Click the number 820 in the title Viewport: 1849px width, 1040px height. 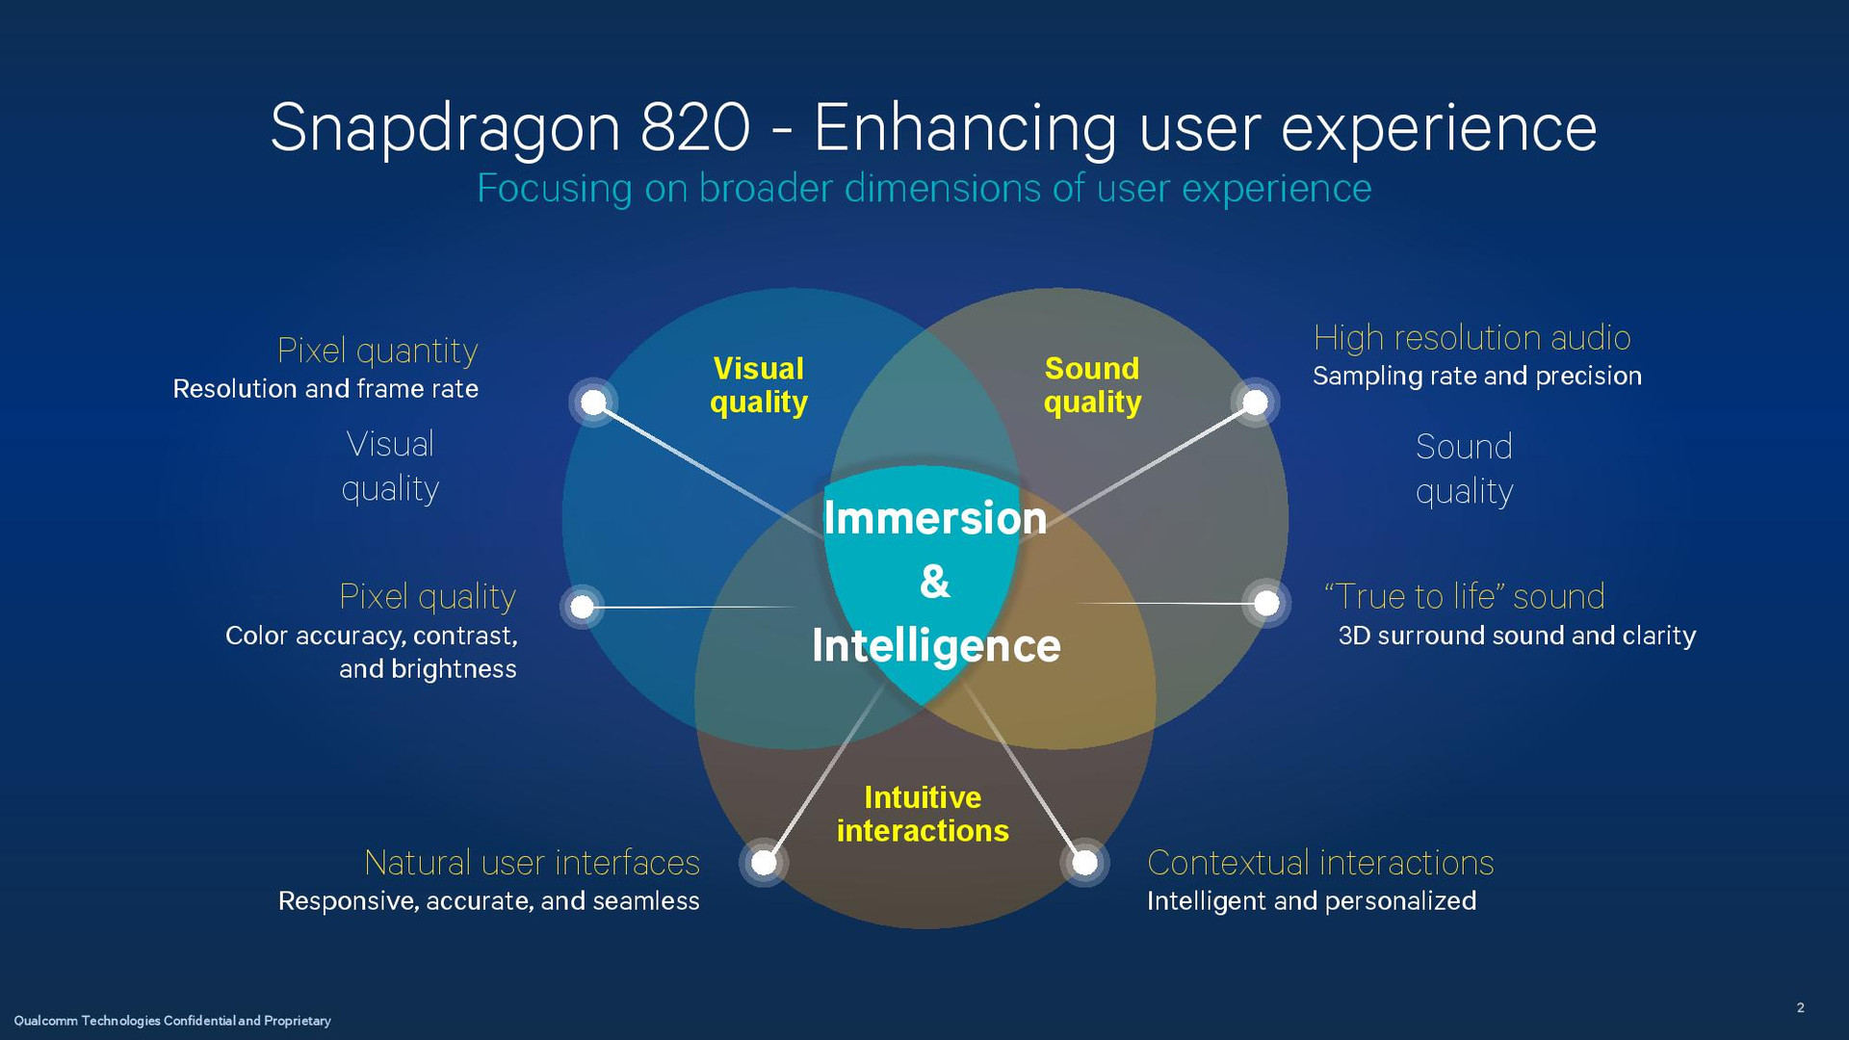point(695,127)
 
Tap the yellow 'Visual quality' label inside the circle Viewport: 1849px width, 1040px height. point(759,385)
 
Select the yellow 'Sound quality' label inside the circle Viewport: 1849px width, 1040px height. point(1092,385)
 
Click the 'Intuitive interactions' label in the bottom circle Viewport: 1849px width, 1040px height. point(923,814)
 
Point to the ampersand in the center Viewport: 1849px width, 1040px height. point(935,582)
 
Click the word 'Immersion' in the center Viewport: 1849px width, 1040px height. point(935,518)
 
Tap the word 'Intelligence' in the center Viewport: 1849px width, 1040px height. point(936,645)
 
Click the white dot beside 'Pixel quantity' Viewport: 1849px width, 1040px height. point(594,402)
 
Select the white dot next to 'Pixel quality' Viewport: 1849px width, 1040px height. point(582,607)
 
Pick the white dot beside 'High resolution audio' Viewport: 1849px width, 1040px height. point(1255,402)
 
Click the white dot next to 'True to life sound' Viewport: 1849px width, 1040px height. point(1266,604)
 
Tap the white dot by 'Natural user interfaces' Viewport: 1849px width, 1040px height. point(764,862)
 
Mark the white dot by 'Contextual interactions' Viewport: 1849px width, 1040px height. point(1084,862)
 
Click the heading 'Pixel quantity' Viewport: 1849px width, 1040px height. point(378,351)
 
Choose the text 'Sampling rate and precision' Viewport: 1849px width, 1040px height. point(1477,376)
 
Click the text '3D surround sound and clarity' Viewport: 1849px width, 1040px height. point(1517,636)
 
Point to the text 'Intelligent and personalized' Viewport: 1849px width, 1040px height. point(1311,901)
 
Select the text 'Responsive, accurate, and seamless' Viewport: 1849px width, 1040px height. point(489,901)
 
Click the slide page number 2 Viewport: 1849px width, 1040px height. point(1800,1007)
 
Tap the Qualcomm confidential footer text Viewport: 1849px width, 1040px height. point(172,1021)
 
